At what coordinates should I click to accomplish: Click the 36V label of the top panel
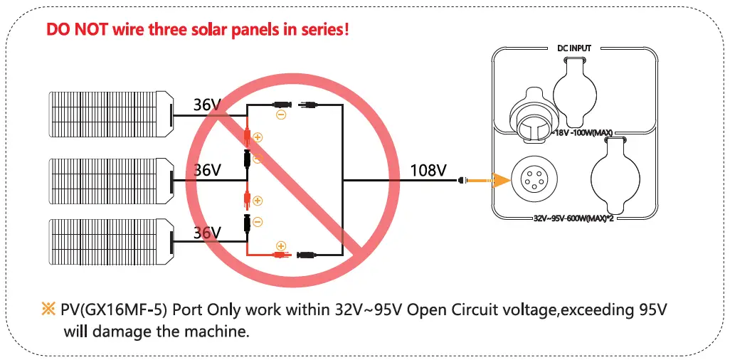pos(208,105)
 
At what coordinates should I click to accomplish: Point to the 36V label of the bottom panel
pos(208,232)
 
